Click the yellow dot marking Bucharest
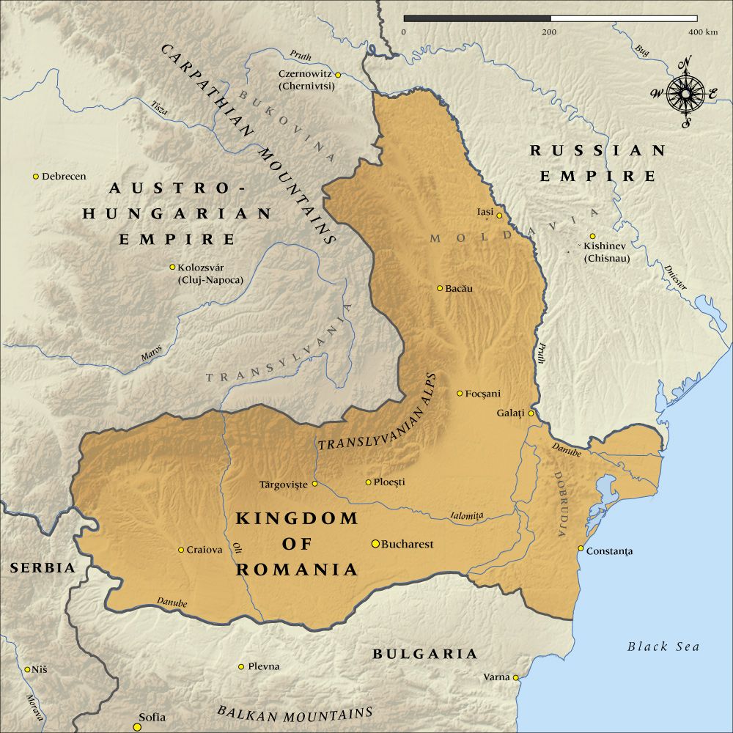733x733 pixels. coord(375,544)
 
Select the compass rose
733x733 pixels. coord(686,93)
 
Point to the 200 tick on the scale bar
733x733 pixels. coord(549,32)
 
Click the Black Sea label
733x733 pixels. coord(663,647)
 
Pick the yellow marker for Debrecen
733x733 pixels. coord(35,176)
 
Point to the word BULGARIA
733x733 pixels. coord(424,654)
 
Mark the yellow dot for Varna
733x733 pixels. coord(516,677)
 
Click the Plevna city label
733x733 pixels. coord(263,666)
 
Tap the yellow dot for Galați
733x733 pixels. coord(531,413)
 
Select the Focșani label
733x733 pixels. coord(483,394)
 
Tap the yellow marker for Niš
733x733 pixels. coord(27,669)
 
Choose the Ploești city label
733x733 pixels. coord(389,482)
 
